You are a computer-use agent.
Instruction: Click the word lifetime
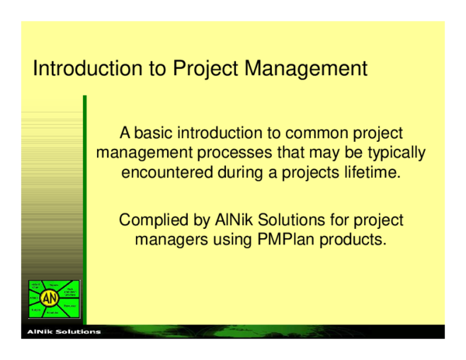(x=372, y=171)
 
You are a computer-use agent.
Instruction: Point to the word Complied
(x=151, y=220)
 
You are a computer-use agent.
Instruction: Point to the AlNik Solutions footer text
(x=64, y=332)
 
